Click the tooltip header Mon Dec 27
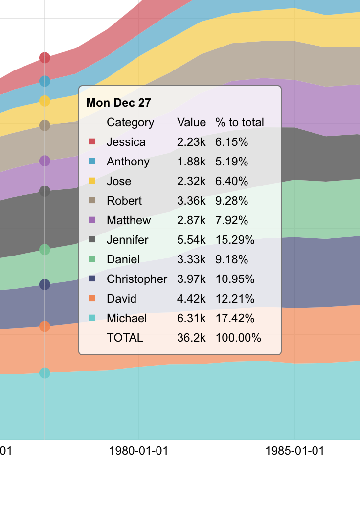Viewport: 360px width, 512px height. (119, 103)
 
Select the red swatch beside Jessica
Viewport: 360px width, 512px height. (91, 142)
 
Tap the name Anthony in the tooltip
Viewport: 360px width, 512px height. (128, 162)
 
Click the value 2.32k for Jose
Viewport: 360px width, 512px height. (191, 181)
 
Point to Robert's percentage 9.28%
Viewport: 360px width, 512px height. (232, 201)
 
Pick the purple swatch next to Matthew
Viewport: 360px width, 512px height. (91, 220)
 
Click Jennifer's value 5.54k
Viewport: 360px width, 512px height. (191, 240)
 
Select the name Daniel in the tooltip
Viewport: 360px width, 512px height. (123, 259)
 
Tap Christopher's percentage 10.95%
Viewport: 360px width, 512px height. (235, 279)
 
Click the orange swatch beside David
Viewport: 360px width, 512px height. (91, 299)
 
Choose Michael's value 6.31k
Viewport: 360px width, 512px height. (191, 318)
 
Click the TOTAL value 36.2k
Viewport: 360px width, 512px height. (191, 338)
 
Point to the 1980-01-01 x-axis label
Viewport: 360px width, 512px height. (139, 451)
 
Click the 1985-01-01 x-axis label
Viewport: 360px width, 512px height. (295, 451)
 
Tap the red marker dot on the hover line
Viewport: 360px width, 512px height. (45, 58)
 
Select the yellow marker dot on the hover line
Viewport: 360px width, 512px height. (45, 101)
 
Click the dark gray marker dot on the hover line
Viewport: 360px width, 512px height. (45, 191)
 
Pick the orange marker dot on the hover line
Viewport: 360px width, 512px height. (45, 326)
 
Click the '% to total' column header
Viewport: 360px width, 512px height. (240, 122)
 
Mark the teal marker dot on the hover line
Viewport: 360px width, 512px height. (45, 373)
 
